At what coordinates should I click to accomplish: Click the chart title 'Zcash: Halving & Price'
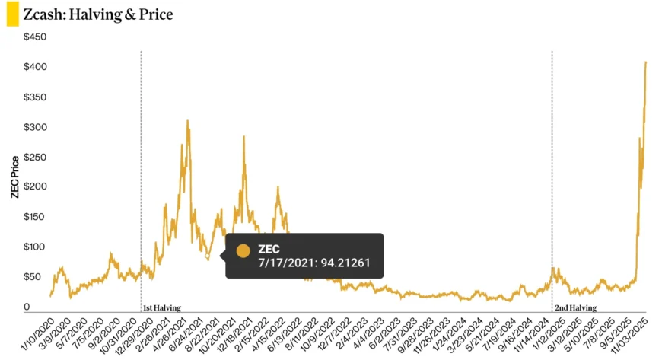pos(98,14)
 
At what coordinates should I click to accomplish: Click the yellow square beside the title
pos(12,14)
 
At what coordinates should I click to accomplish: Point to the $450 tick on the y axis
pos(35,37)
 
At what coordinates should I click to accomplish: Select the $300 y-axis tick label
pos(35,127)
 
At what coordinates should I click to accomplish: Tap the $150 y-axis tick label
pos(35,217)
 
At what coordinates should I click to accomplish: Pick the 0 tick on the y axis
pos(27,307)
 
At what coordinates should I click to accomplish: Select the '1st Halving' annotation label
pos(162,307)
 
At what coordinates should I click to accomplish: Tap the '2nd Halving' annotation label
pos(575,307)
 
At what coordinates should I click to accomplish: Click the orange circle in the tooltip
pos(243,250)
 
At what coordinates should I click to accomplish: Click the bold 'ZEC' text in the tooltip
pos(269,250)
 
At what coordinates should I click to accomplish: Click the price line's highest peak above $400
pos(646,62)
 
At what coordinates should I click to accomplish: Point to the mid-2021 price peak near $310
pos(187,121)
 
